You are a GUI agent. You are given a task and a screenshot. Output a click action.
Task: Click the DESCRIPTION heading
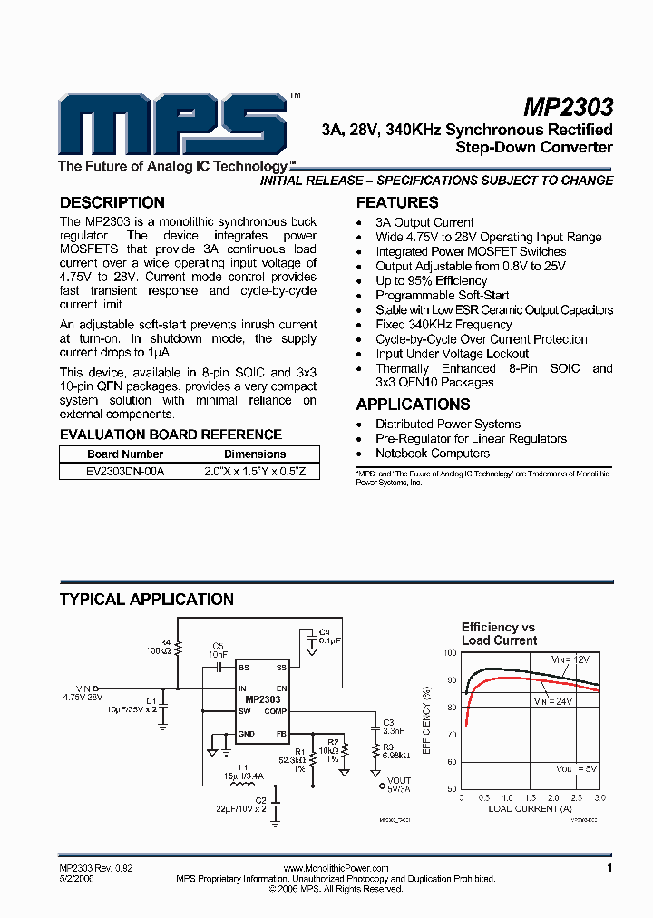tap(112, 202)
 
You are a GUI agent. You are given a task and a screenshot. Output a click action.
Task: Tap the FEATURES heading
tap(397, 202)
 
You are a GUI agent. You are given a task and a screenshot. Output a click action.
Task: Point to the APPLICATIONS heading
tap(413, 405)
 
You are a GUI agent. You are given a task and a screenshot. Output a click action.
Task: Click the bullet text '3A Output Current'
tap(424, 222)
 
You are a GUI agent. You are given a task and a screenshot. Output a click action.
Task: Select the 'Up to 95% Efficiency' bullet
tap(431, 280)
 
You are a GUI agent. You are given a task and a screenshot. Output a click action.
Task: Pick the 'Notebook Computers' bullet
tap(433, 453)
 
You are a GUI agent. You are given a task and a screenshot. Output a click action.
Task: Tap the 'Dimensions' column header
tap(255, 454)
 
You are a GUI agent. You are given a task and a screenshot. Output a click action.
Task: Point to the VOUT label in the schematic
tap(398, 780)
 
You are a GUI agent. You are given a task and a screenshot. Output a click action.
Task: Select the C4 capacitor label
tap(324, 631)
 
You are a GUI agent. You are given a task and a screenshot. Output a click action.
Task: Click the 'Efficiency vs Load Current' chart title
tap(499, 633)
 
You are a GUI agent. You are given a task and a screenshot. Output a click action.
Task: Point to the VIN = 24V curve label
tap(554, 701)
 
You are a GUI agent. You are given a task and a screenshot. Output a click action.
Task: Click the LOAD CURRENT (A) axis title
tap(530, 807)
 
